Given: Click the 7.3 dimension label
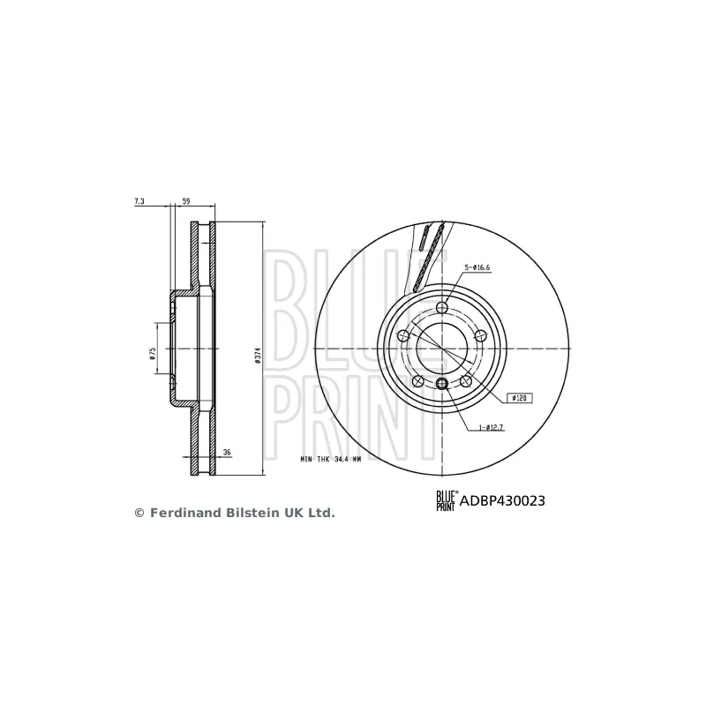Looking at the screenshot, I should click(139, 202).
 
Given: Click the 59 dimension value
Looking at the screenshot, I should click(185, 202).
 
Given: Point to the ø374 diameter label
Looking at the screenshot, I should click(258, 353).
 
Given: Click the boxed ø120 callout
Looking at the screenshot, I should click(517, 399).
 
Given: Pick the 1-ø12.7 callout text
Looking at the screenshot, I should click(492, 429).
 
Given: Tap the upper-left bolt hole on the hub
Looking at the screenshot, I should click(403, 335).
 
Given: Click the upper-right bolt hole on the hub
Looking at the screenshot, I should click(483, 335).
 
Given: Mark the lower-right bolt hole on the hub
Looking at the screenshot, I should click(467, 381).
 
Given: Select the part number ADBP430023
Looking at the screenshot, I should click(501, 501).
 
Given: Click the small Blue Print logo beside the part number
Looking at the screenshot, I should click(446, 501).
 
